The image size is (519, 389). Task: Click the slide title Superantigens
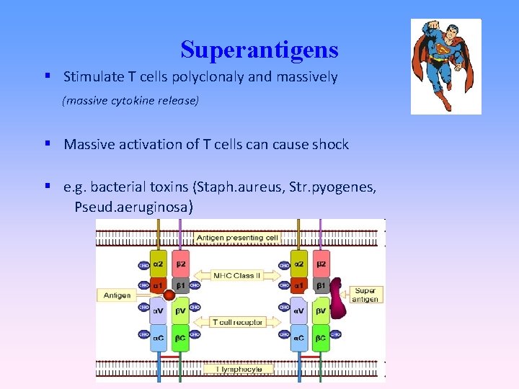(259, 50)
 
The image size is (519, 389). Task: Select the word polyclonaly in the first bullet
(206, 77)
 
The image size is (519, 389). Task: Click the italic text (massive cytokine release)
(130, 101)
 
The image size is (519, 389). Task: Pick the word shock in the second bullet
(330, 144)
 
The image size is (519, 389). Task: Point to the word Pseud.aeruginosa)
(133, 207)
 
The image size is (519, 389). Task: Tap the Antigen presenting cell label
(237, 238)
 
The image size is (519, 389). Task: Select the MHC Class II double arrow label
(237, 275)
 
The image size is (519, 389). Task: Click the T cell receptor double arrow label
(237, 322)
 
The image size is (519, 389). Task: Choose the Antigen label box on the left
(117, 295)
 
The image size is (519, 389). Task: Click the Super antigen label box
(365, 295)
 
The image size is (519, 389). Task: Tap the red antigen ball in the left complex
(169, 295)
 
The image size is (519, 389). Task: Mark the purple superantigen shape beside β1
(337, 303)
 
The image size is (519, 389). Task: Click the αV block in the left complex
(159, 310)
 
